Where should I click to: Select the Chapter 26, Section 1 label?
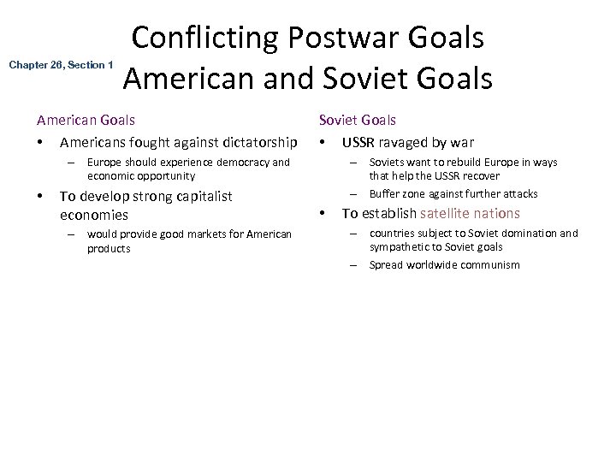(61, 65)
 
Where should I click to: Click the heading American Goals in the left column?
(85, 121)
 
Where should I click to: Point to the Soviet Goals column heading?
(358, 121)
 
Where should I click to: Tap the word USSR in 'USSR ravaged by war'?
(359, 142)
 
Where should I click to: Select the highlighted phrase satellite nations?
(470, 213)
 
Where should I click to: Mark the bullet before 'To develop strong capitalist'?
(39, 196)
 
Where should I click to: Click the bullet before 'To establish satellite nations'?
(323, 213)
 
